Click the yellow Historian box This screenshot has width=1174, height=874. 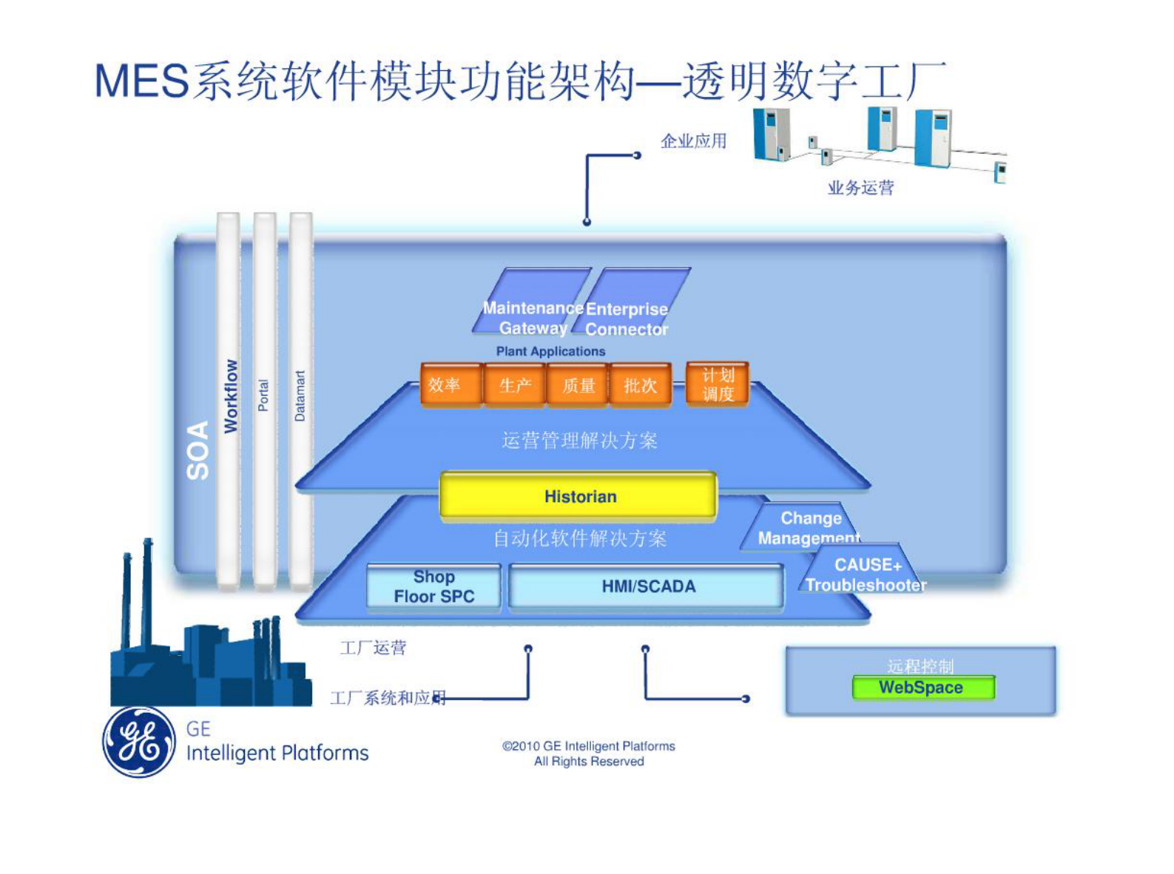578,496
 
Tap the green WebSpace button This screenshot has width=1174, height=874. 922,688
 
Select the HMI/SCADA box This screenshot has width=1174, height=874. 647,586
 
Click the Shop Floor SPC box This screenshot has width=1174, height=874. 434,586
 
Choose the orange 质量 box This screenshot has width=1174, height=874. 578,385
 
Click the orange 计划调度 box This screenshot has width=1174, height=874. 717,384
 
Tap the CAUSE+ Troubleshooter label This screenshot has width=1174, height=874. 866,575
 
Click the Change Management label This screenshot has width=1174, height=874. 809,528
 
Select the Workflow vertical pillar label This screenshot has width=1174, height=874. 231,396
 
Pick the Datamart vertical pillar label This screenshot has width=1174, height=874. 300,396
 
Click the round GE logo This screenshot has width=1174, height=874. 139,742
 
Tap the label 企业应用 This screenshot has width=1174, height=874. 693,141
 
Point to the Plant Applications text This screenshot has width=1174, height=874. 550,351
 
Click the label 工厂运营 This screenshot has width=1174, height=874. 373,648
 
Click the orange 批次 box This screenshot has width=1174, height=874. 640,385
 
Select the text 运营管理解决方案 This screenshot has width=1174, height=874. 579,441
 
